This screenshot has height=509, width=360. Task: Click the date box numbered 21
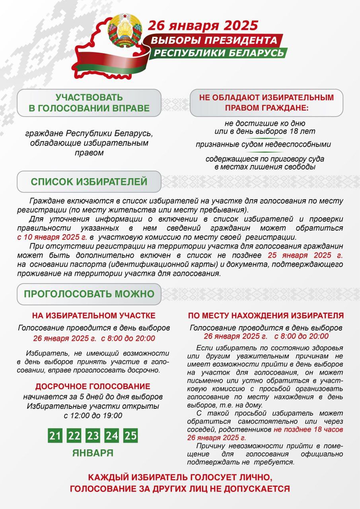pyautogui.click(x=55, y=435)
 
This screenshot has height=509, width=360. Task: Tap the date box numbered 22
pyautogui.click(x=74, y=435)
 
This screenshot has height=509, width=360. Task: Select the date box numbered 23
pyautogui.click(x=93, y=435)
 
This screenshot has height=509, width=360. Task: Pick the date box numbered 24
pyautogui.click(x=112, y=435)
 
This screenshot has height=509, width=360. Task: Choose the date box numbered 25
pyautogui.click(x=130, y=435)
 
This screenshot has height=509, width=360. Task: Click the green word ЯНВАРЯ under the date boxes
pyautogui.click(x=93, y=453)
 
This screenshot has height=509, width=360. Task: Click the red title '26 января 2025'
pyautogui.click(x=203, y=25)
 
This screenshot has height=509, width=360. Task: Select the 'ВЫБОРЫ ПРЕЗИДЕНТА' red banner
pyautogui.click(x=214, y=40)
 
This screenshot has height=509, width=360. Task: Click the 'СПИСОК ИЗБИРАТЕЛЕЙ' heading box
pyautogui.click(x=89, y=182)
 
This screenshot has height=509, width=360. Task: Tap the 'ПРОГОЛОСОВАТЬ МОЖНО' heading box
pyautogui.click(x=89, y=294)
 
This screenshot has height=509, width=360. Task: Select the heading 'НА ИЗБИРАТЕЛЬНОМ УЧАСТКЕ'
pyautogui.click(x=94, y=316)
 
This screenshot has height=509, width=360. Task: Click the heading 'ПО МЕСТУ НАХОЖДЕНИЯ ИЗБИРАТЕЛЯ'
pyautogui.click(x=266, y=316)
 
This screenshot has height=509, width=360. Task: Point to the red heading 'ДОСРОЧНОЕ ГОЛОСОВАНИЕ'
pyautogui.click(x=93, y=387)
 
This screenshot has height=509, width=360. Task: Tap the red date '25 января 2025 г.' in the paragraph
pyautogui.click(x=305, y=255)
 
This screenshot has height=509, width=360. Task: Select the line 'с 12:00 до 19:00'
pyautogui.click(x=93, y=416)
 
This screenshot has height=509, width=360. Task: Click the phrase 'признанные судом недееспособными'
pyautogui.click(x=263, y=144)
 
